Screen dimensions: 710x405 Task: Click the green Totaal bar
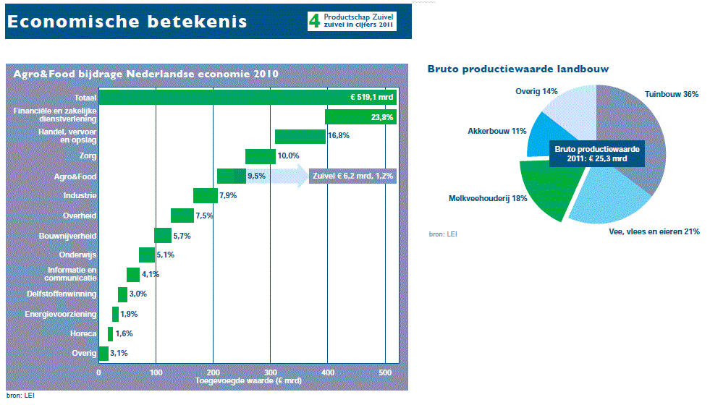[x=248, y=98]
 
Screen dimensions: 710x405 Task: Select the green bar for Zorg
[x=261, y=156]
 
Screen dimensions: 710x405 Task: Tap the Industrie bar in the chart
[x=206, y=196]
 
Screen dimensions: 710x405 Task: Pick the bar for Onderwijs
[x=147, y=255]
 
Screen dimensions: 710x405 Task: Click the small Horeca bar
[x=111, y=334]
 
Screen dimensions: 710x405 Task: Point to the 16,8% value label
[x=339, y=136]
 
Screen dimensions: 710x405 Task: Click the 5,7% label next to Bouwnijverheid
[x=182, y=236]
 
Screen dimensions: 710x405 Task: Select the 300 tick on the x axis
[x=271, y=373]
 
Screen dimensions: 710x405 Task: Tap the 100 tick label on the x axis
[x=156, y=373]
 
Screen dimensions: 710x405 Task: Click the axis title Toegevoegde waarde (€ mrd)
[x=248, y=381]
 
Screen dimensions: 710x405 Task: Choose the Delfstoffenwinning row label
[x=62, y=294]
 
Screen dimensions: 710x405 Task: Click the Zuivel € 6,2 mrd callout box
[x=352, y=176]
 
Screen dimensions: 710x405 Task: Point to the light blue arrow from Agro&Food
[x=277, y=176]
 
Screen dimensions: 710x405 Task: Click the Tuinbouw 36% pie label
[x=672, y=94]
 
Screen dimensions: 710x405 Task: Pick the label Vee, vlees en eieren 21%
[x=654, y=231]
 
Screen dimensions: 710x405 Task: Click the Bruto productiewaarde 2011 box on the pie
[x=597, y=154]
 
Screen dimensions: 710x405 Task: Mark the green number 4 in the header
[x=314, y=21]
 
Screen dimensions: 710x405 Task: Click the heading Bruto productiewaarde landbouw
[x=518, y=69]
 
